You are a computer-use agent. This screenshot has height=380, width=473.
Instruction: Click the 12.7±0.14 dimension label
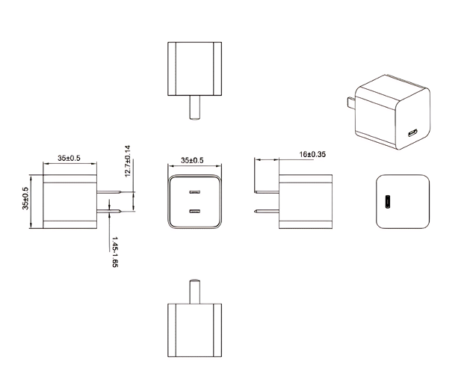[128, 160]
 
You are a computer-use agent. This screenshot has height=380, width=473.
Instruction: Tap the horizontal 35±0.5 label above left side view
[69, 158]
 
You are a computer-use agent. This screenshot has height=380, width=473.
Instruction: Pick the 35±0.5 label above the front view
[193, 160]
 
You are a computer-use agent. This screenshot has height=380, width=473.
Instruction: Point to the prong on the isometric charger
[349, 105]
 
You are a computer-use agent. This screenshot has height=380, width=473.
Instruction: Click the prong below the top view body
[194, 109]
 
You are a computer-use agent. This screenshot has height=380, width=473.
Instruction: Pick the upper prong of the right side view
[266, 192]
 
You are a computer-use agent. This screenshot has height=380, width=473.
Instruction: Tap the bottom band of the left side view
[69, 223]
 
